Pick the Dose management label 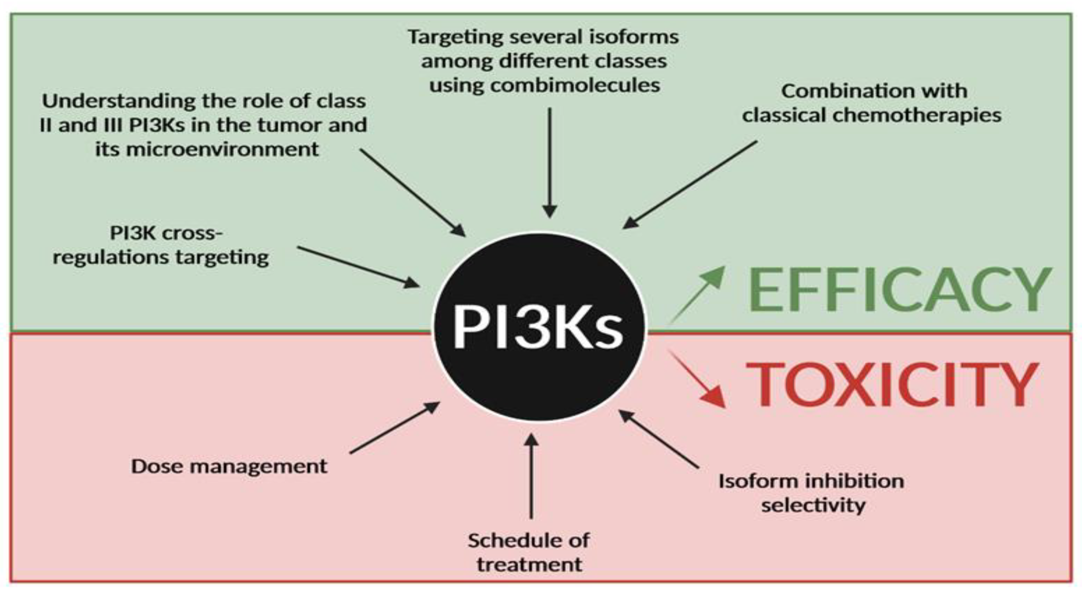tap(229, 466)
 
